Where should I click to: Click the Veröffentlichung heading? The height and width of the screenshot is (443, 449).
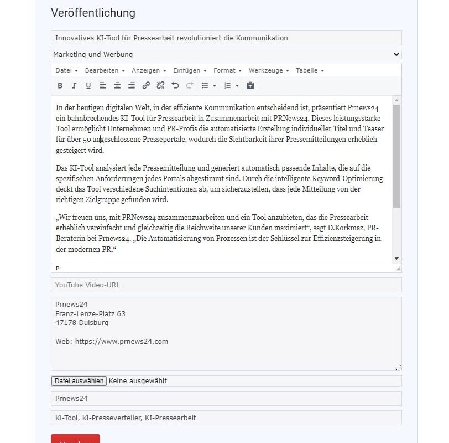pos(93,13)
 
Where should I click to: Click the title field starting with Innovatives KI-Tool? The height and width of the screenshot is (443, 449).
pos(226,38)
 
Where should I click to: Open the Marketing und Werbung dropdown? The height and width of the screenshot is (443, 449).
pos(226,55)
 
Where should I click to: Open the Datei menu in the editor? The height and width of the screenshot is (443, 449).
pos(66,70)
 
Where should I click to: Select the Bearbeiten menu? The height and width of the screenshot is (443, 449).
pos(105,70)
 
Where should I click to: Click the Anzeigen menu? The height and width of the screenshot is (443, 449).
pos(149,70)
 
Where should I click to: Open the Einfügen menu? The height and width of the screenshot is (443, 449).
pos(190,70)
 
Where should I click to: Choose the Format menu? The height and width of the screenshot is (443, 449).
pos(227,70)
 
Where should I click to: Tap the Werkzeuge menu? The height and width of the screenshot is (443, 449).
pos(269,70)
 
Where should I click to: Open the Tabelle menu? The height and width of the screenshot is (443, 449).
pos(310,70)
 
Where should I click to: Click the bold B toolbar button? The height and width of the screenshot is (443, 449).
pos(60,86)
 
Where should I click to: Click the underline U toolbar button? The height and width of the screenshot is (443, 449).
pos(88,86)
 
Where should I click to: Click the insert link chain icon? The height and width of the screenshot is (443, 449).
pos(146,86)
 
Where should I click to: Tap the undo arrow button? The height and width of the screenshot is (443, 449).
pos(175,86)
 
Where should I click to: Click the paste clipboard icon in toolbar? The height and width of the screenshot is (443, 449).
pos(250,86)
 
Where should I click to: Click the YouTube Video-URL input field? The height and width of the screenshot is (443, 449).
pos(226,285)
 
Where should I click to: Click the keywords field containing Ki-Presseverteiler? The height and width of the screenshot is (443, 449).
pos(226,418)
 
